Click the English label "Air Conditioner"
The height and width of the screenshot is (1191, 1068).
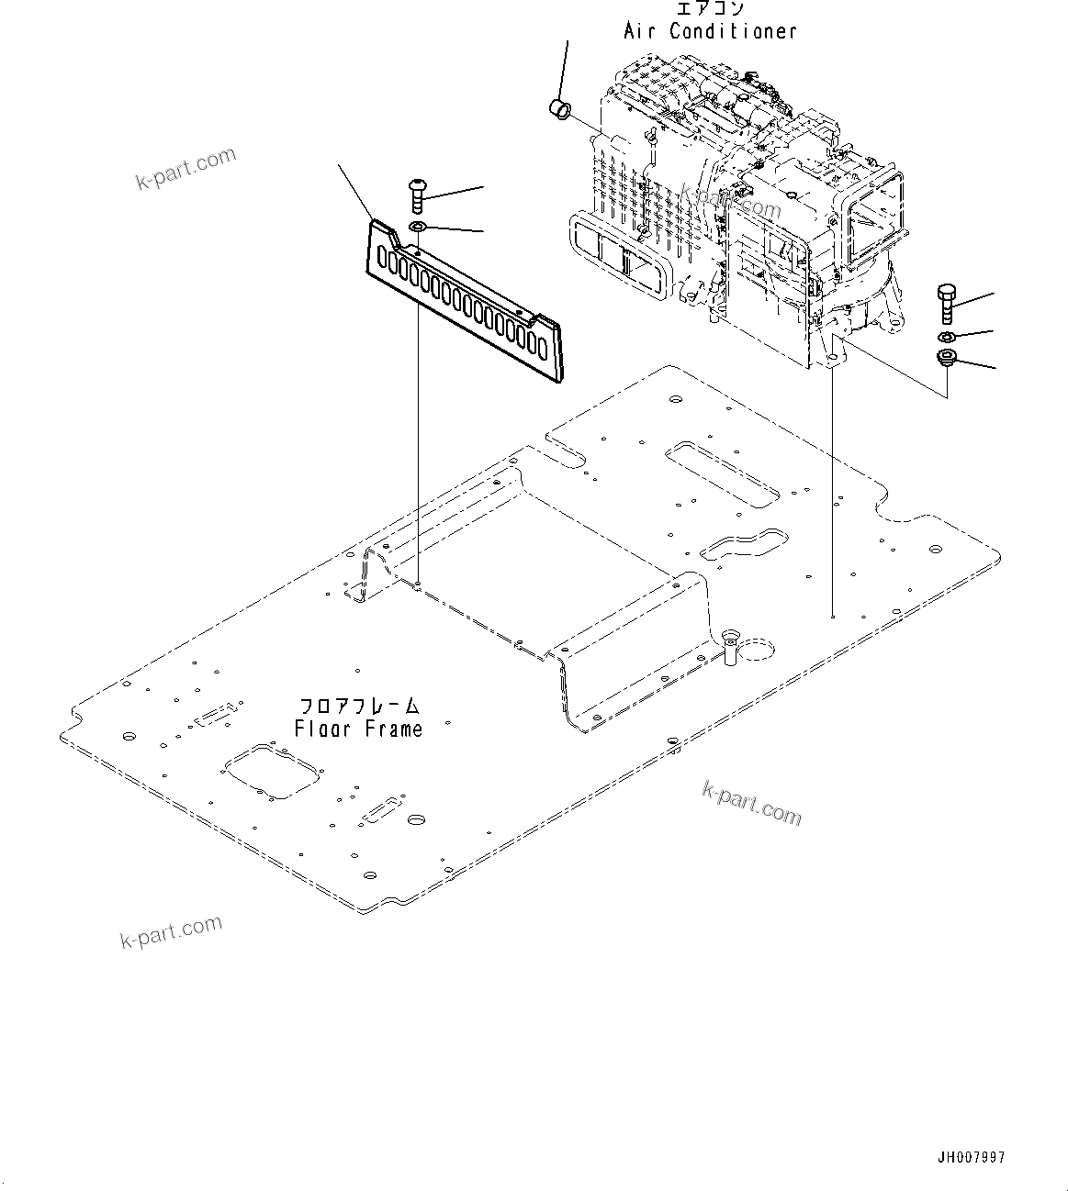coord(710,31)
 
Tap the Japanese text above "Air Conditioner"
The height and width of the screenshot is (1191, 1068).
coord(710,9)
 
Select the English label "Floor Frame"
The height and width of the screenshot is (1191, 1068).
coord(359,729)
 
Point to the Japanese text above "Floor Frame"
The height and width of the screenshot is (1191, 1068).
coord(360,707)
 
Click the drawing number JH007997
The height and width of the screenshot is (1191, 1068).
coord(972,1158)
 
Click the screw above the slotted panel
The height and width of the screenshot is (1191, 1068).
coord(416,195)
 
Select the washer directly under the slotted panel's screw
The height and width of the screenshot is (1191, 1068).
coord(418,228)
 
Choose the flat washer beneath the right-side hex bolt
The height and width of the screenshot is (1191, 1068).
coord(948,338)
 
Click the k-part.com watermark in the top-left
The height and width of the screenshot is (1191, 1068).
coord(185,169)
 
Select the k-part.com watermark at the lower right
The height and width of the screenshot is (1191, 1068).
coord(751,803)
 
